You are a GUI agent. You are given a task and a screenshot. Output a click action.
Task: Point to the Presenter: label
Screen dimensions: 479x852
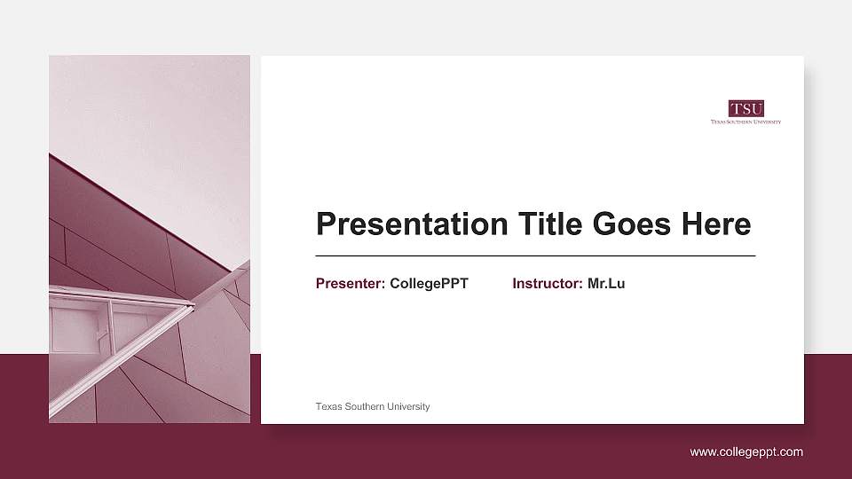coord(351,284)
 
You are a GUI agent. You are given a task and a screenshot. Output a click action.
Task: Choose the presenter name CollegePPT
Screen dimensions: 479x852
coord(429,284)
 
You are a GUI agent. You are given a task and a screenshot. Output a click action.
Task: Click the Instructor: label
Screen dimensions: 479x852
coord(548,284)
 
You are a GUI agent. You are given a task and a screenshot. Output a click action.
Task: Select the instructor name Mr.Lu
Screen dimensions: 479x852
coord(606,284)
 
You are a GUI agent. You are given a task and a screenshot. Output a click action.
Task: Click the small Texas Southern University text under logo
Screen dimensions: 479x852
coord(745,122)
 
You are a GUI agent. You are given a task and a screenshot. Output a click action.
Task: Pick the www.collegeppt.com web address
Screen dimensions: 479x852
coord(746,452)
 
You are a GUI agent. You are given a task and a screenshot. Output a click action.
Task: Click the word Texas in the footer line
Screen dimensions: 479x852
coord(328,406)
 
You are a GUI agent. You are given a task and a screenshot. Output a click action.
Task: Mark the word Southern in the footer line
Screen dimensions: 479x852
coord(365,406)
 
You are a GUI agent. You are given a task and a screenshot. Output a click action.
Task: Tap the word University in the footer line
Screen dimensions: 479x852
coord(408,406)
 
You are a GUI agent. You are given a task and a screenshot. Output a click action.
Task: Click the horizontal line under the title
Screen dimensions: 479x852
coord(535,255)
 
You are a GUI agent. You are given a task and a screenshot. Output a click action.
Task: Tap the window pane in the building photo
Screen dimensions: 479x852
coord(75,330)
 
